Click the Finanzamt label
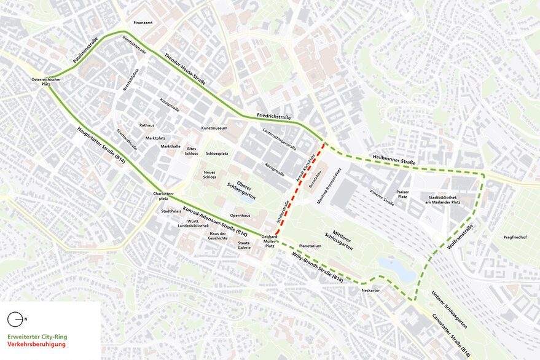(x=143, y=23)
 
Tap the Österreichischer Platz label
(x=46, y=82)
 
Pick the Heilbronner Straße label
(x=394, y=159)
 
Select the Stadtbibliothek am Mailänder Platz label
(x=439, y=200)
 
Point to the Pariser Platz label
(x=402, y=194)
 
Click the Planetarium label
(x=310, y=246)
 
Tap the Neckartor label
(x=372, y=289)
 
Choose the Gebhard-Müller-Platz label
(x=270, y=240)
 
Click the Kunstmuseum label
(x=214, y=128)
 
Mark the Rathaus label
(x=147, y=125)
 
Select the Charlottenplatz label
(x=160, y=196)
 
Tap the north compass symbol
(x=15, y=319)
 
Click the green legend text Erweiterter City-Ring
(x=37, y=337)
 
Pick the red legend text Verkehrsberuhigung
(x=37, y=345)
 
